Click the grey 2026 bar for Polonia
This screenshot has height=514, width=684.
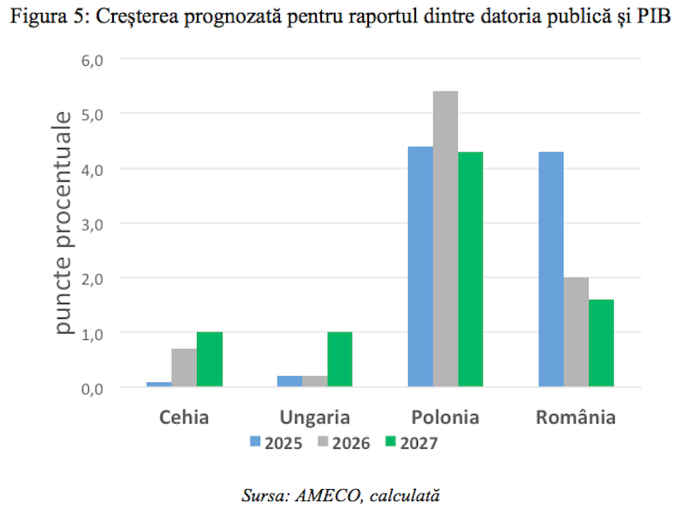(x=445, y=239)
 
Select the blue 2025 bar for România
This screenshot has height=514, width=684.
(x=550, y=269)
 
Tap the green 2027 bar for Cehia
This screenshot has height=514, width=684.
(x=210, y=359)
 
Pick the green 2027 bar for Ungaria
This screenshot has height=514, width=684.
(x=340, y=359)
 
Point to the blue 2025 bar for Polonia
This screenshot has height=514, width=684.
(x=420, y=266)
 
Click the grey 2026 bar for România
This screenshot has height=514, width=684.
(x=576, y=332)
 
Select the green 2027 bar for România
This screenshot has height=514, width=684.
(x=601, y=343)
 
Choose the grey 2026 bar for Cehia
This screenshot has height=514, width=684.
(x=184, y=368)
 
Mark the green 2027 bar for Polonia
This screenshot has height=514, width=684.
(x=470, y=269)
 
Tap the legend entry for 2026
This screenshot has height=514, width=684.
(x=342, y=442)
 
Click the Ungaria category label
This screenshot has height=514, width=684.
(x=315, y=418)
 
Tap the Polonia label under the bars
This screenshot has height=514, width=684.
(x=445, y=418)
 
